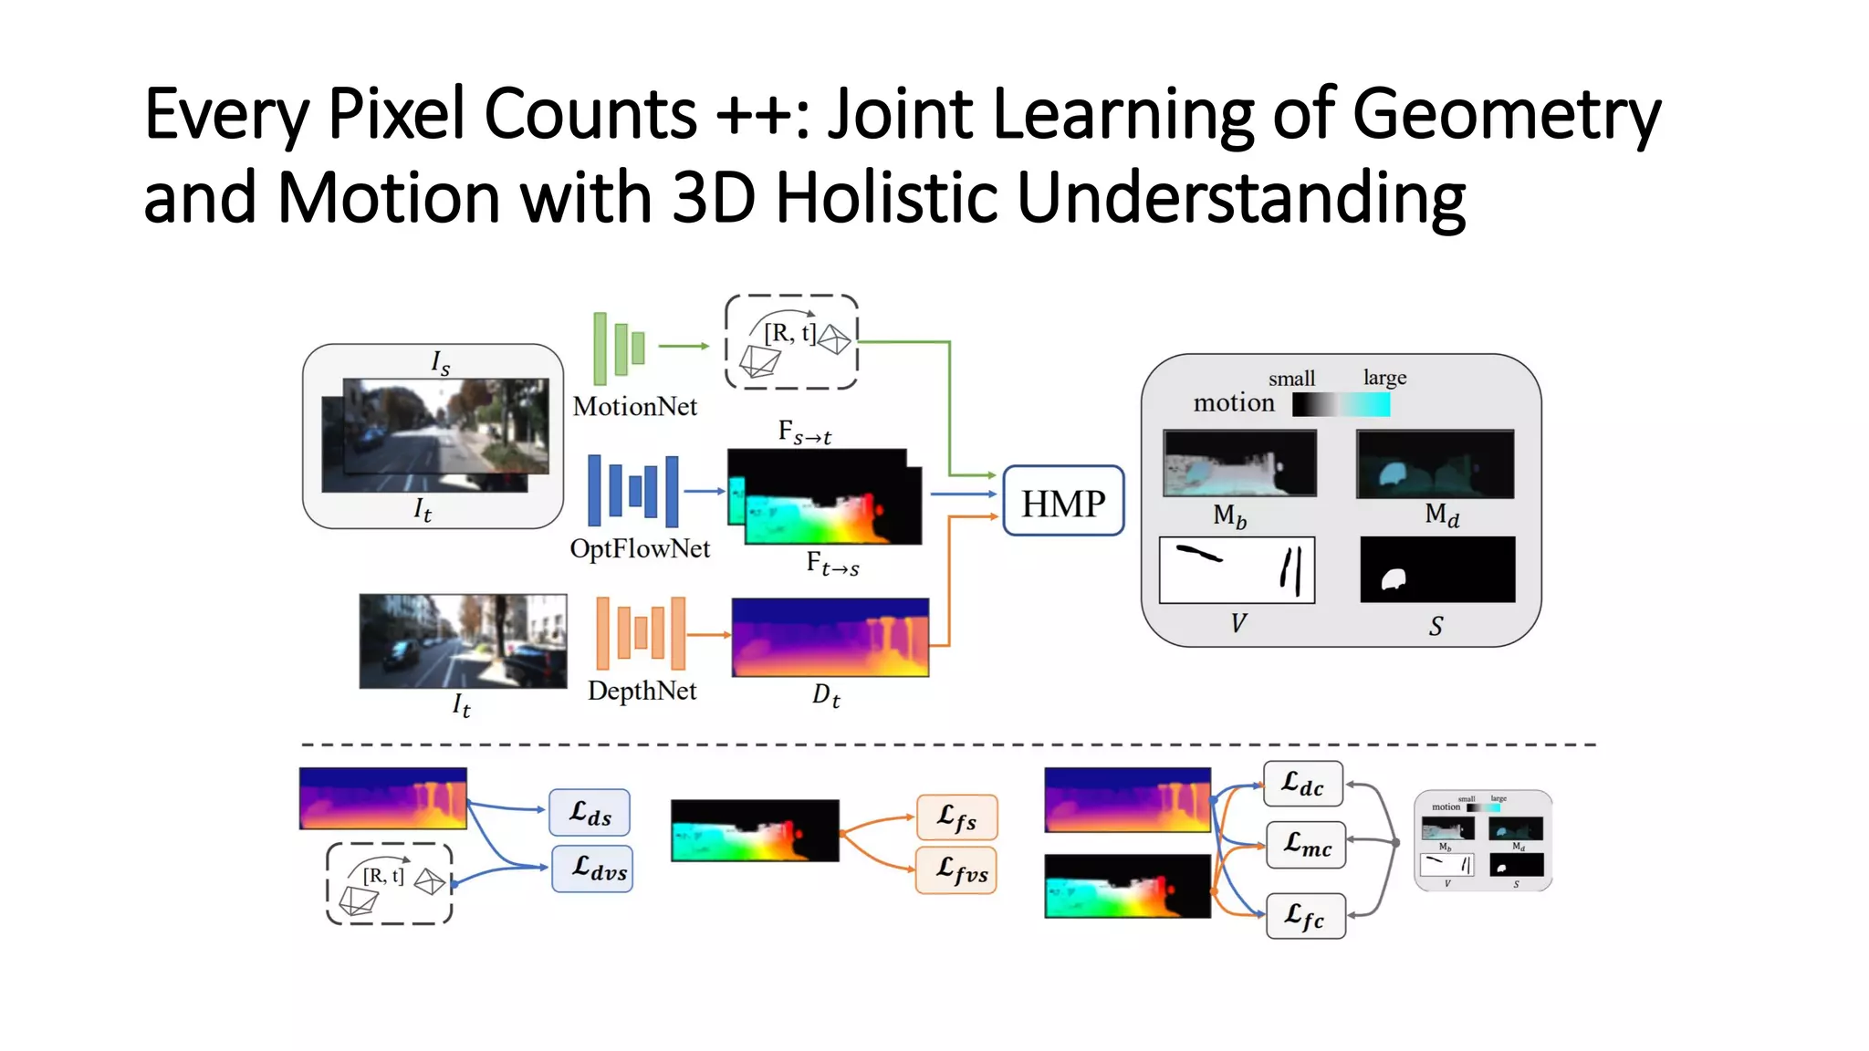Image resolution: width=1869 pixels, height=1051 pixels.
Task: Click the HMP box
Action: click(x=1063, y=501)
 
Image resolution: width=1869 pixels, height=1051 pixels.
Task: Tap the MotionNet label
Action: click(x=634, y=406)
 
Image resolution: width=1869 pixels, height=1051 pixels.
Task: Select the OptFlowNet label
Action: click(x=640, y=548)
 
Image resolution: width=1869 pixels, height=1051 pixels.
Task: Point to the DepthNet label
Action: click(x=642, y=691)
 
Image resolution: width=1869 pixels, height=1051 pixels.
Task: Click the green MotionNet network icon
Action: click(x=619, y=348)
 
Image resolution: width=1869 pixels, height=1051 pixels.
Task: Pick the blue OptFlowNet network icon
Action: click(x=633, y=491)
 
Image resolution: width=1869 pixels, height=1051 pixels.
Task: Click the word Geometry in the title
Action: click(x=1507, y=116)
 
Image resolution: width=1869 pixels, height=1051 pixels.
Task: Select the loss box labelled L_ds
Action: click(x=590, y=812)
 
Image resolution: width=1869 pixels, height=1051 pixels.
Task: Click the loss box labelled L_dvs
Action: click(x=592, y=869)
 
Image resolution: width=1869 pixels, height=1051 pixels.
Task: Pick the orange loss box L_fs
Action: click(x=956, y=817)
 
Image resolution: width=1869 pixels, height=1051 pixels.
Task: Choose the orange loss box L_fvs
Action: click(x=956, y=870)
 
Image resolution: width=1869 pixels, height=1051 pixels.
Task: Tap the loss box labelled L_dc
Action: click(x=1303, y=784)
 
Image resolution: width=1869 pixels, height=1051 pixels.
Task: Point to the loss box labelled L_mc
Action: click(x=1306, y=844)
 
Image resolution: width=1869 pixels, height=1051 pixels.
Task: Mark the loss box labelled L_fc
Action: click(x=1306, y=915)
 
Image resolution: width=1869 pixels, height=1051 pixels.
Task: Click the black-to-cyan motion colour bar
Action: click(x=1341, y=404)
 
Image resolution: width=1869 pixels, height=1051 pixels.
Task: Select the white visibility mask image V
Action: click(x=1237, y=570)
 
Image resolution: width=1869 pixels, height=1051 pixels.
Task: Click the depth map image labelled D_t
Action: click(x=830, y=638)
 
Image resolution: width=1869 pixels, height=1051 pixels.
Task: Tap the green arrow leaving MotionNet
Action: click(x=684, y=346)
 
